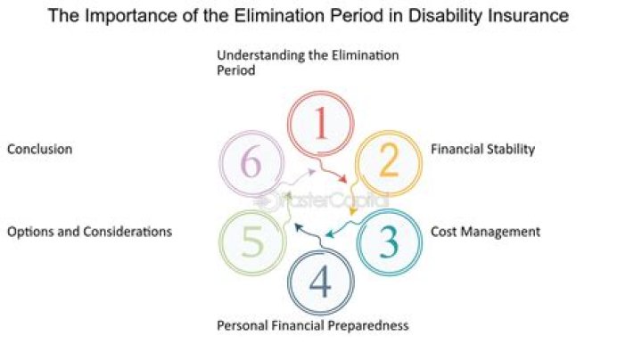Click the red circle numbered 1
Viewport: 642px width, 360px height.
321,125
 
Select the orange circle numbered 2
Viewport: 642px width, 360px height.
389,163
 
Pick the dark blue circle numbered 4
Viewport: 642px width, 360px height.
321,283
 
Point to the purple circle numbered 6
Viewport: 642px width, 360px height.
253,164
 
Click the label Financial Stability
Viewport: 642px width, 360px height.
482,150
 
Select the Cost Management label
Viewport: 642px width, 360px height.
485,232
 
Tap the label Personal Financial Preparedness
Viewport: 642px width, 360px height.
312,325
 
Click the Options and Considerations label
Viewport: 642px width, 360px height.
89,232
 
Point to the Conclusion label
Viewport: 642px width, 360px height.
39,150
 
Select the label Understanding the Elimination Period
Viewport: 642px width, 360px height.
308,63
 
